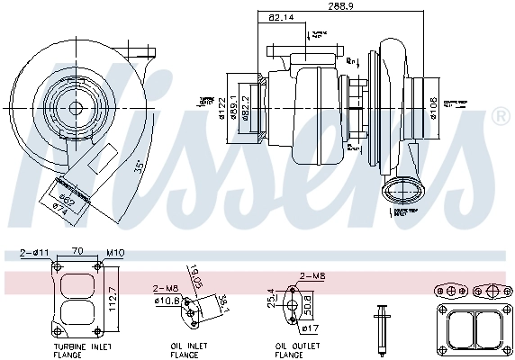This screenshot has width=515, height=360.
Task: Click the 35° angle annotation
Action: click(139, 169)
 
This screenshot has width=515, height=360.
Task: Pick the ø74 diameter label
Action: click(60, 206)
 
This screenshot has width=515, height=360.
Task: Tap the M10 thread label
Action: click(113, 255)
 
